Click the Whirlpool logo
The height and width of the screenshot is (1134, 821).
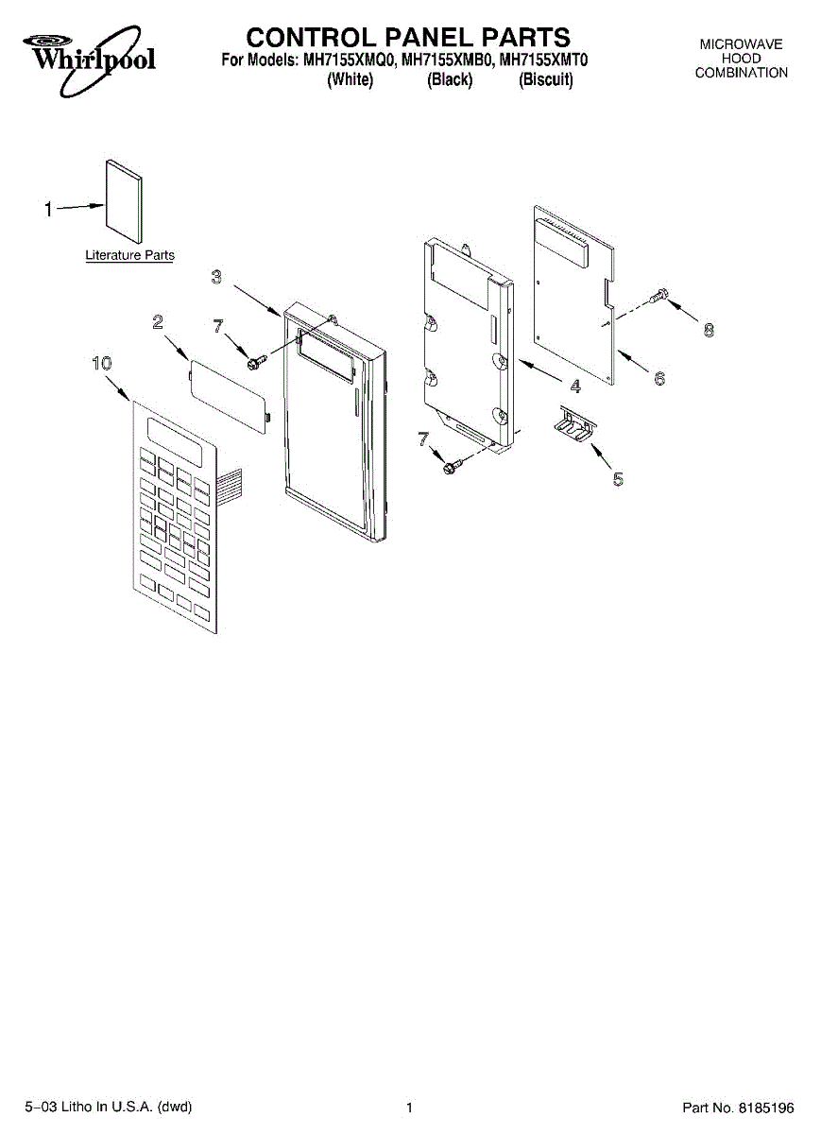[91, 59]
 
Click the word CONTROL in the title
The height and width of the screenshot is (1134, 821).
[311, 37]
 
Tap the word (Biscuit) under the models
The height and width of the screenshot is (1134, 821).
[546, 80]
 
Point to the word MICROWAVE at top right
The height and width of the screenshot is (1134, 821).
[741, 44]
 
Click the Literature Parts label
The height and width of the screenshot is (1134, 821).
[129, 255]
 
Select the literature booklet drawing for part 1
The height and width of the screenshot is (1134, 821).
[124, 201]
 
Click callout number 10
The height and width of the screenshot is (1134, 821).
[101, 362]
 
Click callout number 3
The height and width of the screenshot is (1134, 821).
[216, 277]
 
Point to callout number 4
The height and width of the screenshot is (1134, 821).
[574, 386]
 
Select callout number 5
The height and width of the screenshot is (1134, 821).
[618, 479]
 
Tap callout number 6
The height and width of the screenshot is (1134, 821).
[659, 378]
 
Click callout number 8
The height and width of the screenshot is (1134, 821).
[709, 331]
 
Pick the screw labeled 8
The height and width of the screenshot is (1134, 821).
[661, 296]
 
